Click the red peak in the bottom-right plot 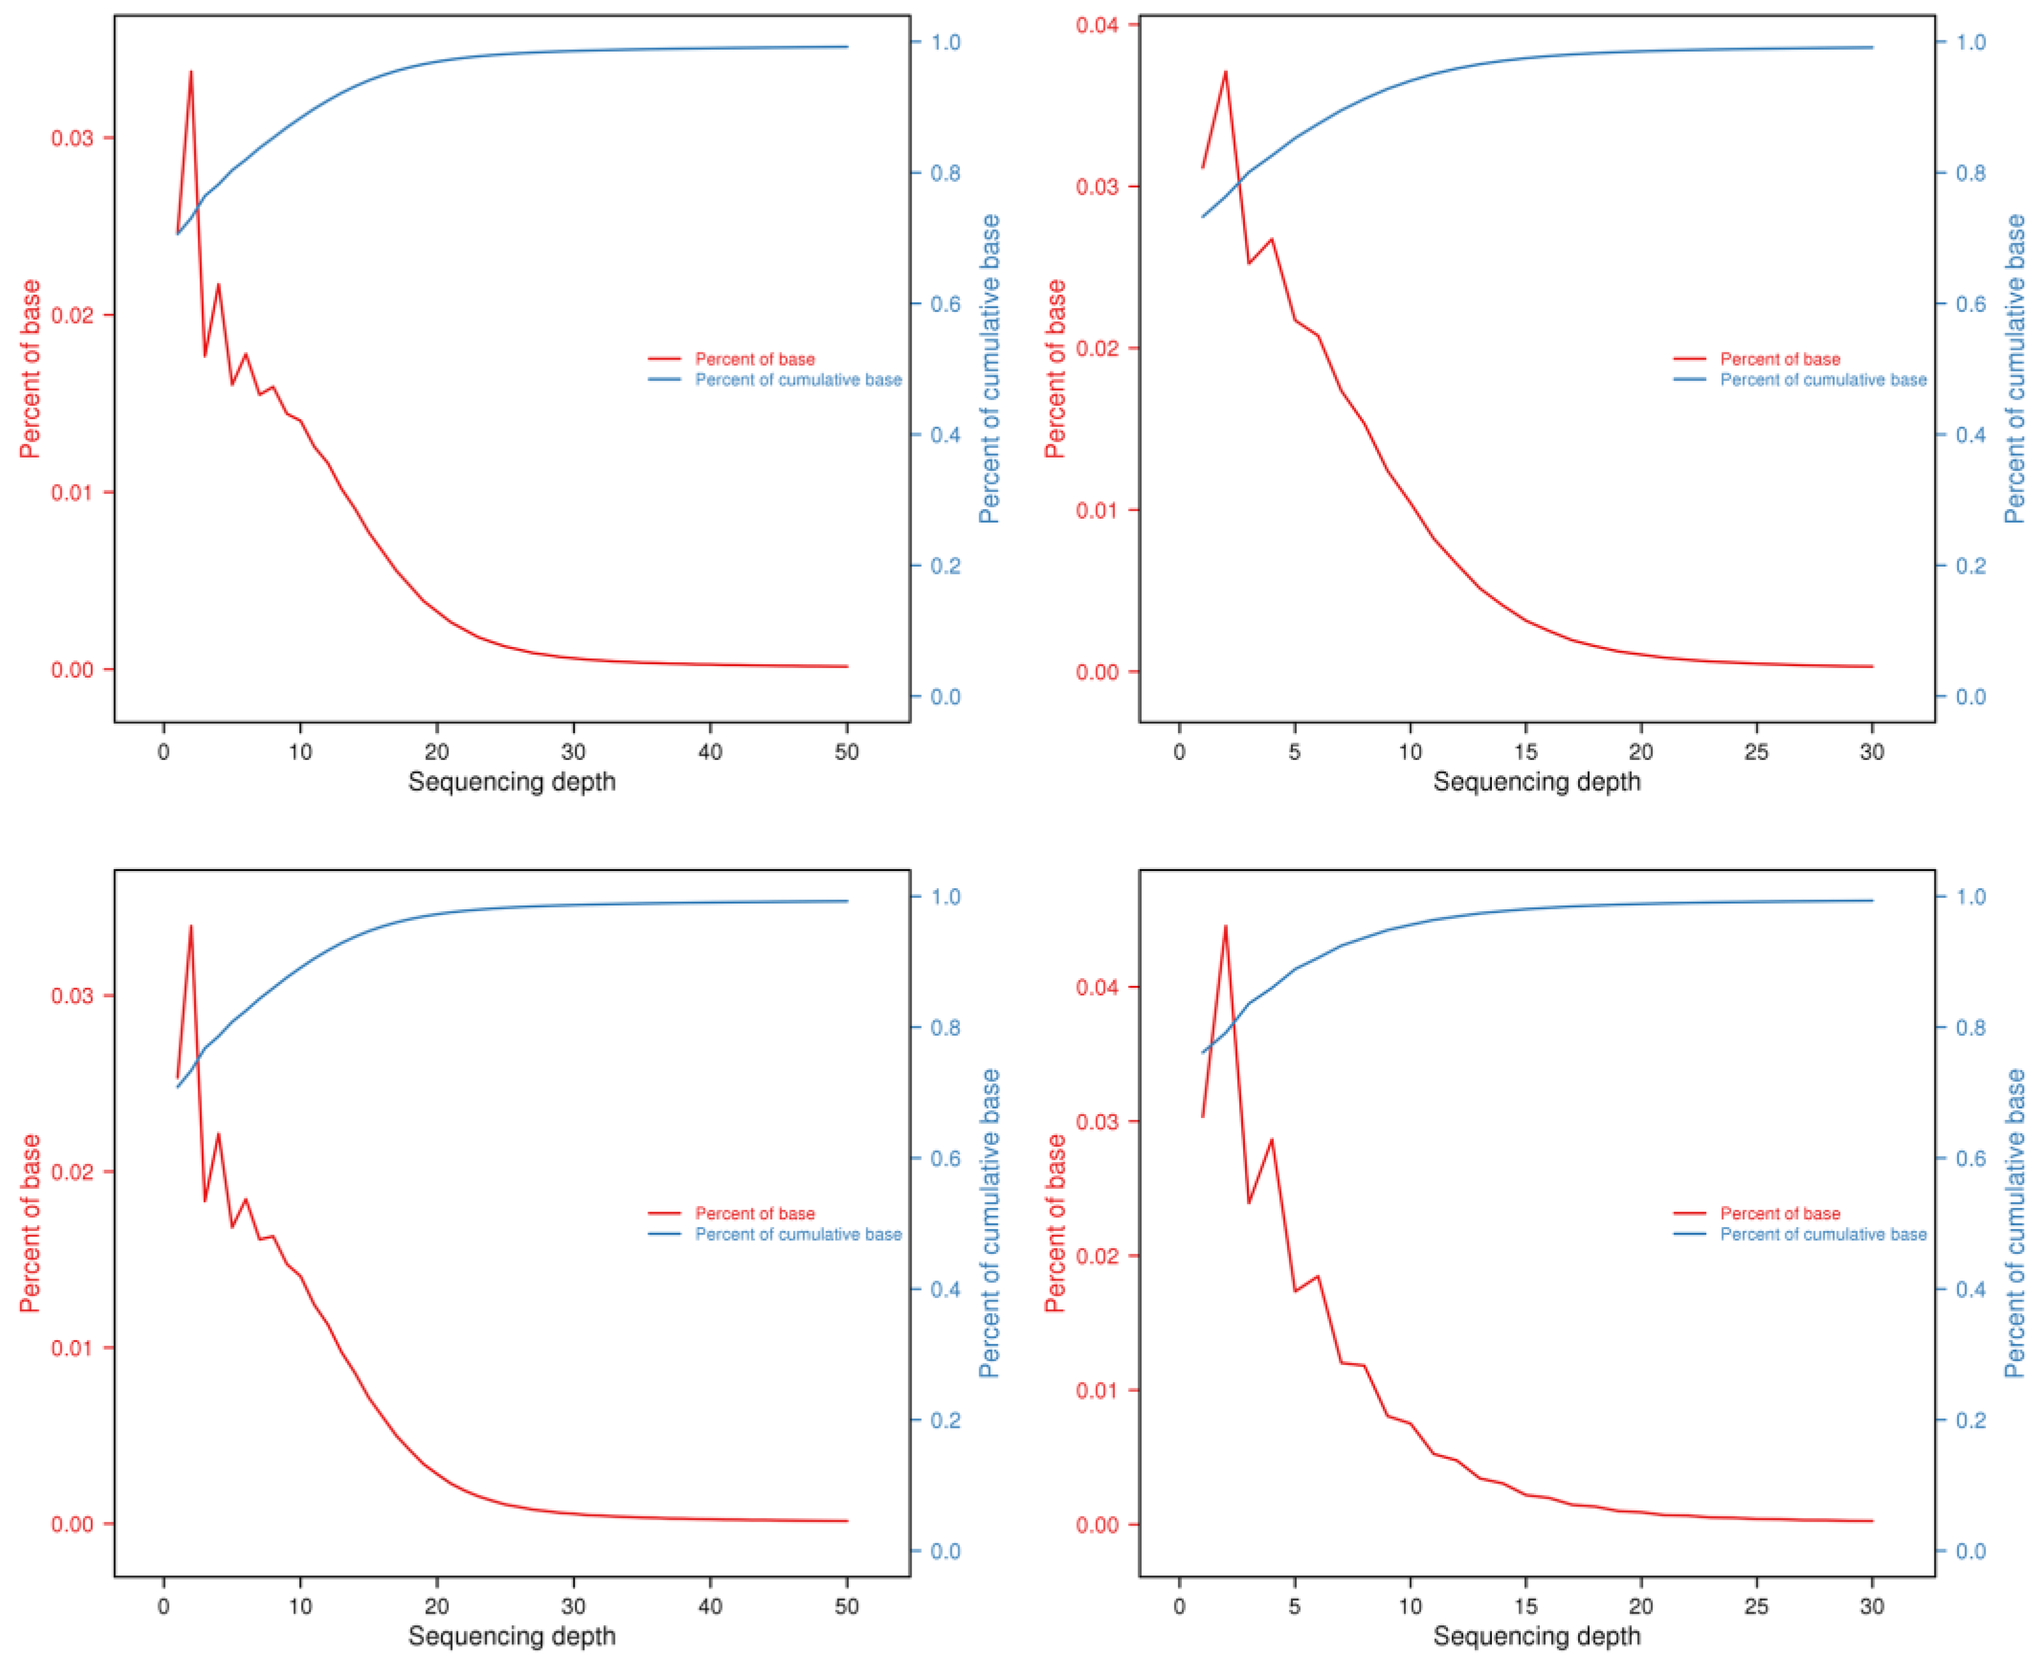[x=1225, y=927]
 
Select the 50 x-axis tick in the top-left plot [x=846, y=752]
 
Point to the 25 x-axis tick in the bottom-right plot [x=1756, y=1607]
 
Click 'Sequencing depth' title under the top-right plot [x=1536, y=782]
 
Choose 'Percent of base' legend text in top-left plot [x=755, y=359]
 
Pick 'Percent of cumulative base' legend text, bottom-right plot [x=1822, y=1235]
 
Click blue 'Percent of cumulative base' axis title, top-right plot [x=2014, y=369]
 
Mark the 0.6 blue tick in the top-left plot [x=945, y=304]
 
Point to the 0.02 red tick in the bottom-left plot [x=72, y=1172]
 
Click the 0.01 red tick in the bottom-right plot [x=1095, y=1390]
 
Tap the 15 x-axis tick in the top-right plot [x=1525, y=752]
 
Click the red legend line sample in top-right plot [x=1690, y=359]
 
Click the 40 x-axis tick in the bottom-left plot [x=710, y=1607]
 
